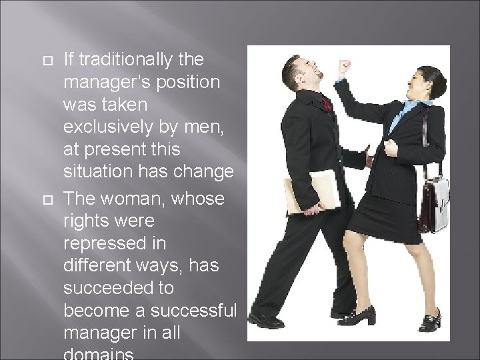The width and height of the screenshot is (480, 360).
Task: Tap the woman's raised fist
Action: pos(343,67)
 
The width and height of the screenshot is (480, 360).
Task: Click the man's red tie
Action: pos(326,105)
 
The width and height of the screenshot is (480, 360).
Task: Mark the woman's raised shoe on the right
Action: pos(429,321)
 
